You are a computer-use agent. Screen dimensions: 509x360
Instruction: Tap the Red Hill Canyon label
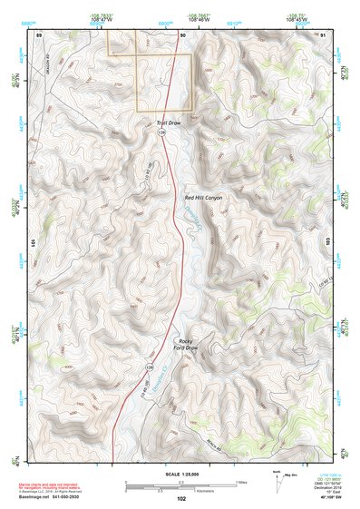203,197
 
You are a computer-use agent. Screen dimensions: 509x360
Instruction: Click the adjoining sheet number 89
40,34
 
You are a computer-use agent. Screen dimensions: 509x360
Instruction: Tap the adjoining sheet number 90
182,34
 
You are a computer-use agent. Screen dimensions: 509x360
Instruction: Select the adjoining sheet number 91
324,34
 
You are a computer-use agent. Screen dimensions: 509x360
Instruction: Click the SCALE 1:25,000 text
181,473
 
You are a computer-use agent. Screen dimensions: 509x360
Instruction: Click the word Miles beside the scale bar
240,481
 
